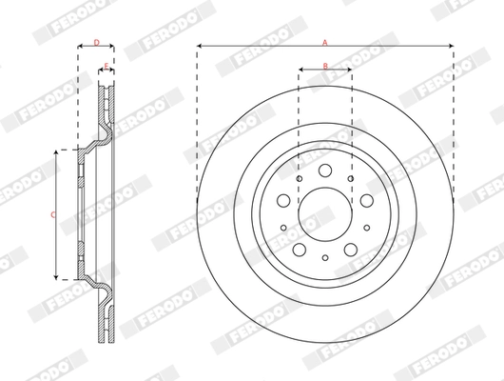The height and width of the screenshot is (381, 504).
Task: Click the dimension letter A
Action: click(324, 42)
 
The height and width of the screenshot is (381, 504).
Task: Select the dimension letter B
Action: click(324, 65)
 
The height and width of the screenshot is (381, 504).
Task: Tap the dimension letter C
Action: click(52, 214)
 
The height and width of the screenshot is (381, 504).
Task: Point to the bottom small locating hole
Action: click(324, 256)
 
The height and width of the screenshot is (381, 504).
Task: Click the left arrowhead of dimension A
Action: click(201, 47)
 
